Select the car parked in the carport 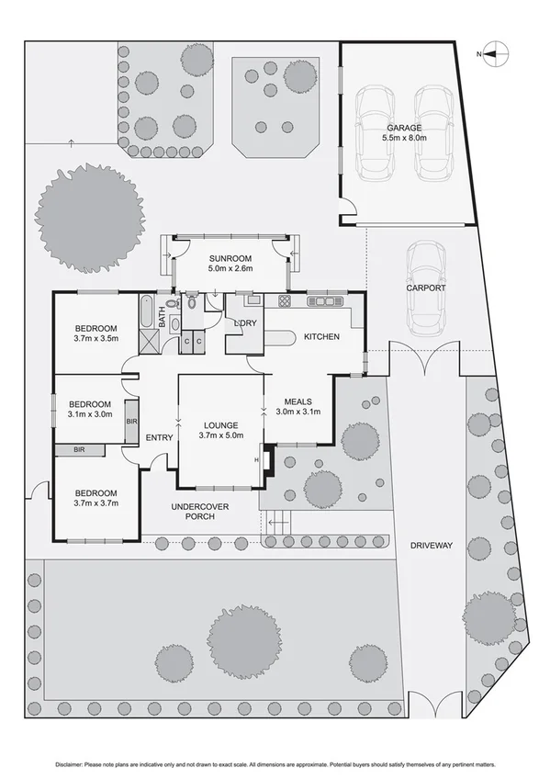coord(426,288)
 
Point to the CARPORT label coord(426,288)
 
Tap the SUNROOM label coord(230,257)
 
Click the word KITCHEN coord(321,337)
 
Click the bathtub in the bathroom coord(147,311)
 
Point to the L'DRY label coord(244,323)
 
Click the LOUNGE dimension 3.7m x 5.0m coord(221,437)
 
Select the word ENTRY coord(159,437)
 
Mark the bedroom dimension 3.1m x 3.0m coord(90,414)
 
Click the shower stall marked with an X coord(148,341)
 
